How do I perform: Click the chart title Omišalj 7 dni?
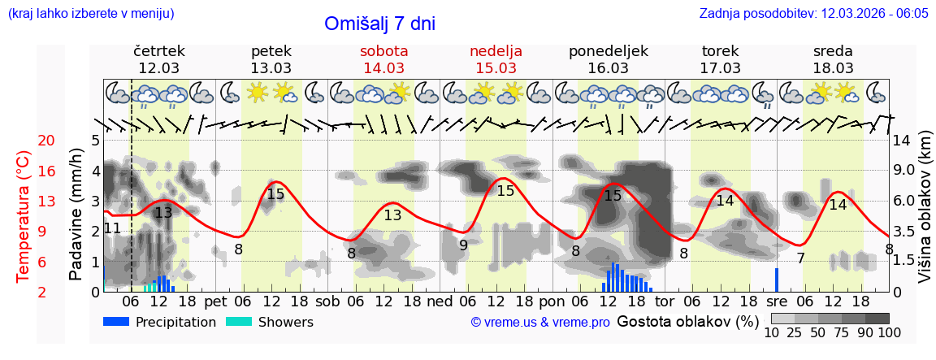(x=379, y=24)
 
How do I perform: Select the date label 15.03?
(x=496, y=68)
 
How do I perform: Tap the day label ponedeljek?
(x=608, y=51)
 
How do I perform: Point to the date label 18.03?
(x=833, y=68)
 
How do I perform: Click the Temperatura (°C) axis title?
(x=24, y=216)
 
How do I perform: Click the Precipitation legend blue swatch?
(x=116, y=322)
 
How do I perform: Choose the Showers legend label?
(x=285, y=323)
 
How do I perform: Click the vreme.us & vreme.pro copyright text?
(x=540, y=323)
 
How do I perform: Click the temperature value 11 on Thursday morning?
(x=113, y=228)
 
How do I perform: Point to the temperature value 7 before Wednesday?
(x=800, y=258)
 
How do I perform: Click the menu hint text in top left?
(x=90, y=14)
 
